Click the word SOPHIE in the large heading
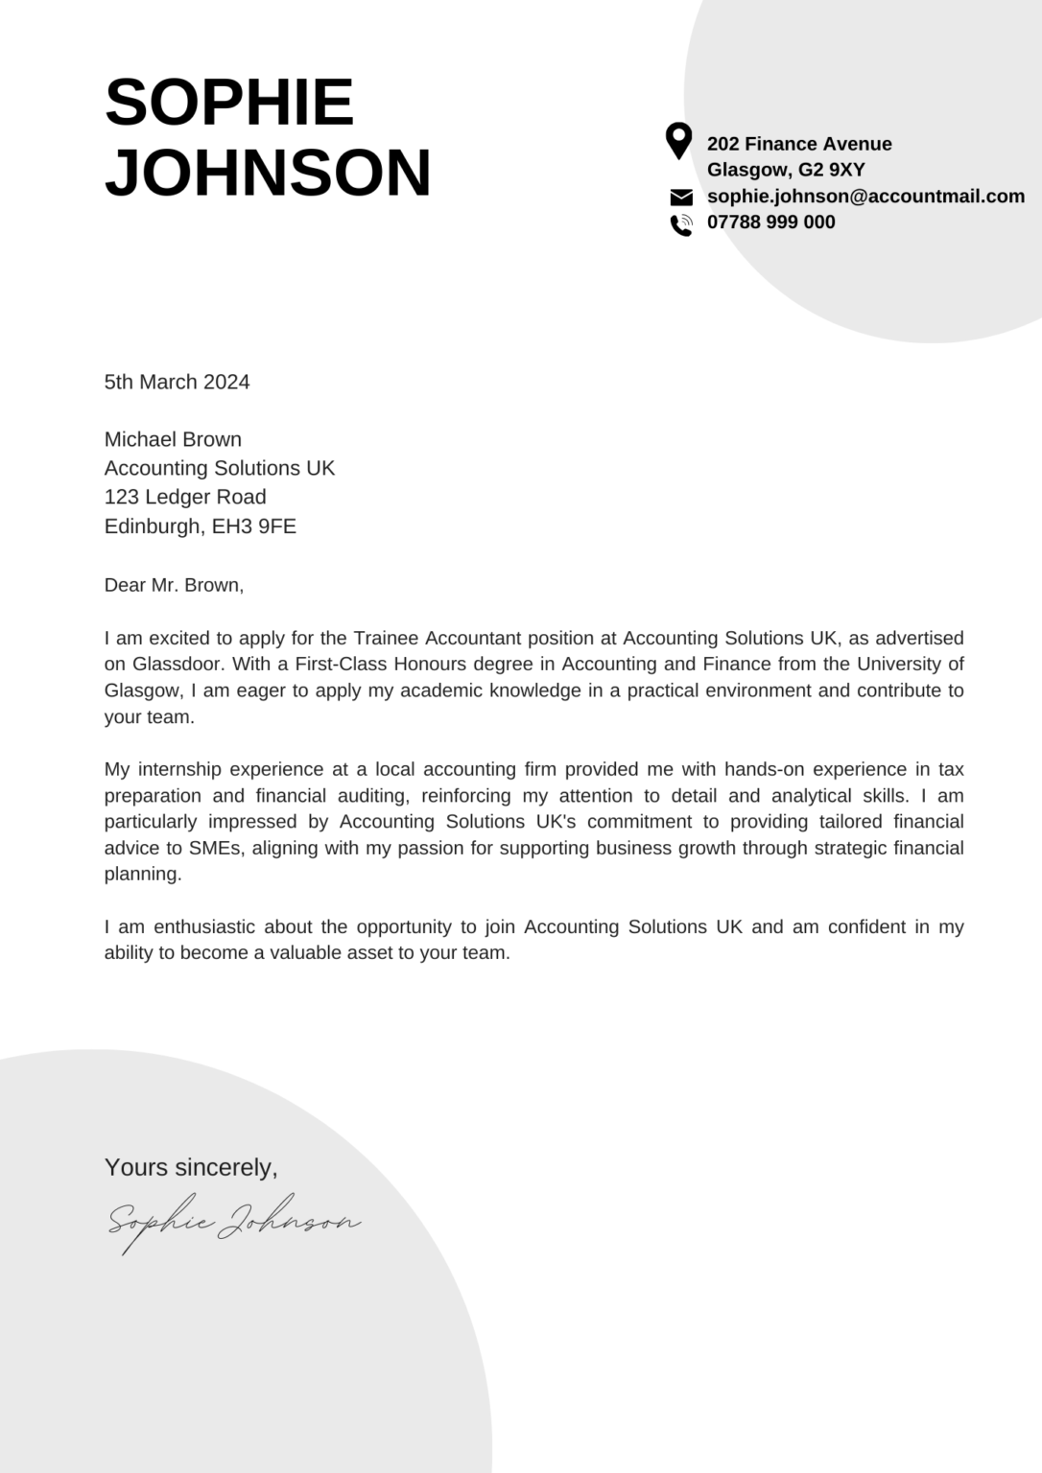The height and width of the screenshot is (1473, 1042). click(x=229, y=102)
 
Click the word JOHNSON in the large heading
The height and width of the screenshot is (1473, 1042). click(x=268, y=173)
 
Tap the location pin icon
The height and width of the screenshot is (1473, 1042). click(x=678, y=141)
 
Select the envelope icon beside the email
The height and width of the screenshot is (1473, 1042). click(x=681, y=198)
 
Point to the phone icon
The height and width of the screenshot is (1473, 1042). click(x=681, y=224)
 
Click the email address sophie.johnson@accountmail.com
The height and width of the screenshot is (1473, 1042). click(x=865, y=196)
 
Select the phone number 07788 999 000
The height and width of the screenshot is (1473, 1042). click(x=770, y=222)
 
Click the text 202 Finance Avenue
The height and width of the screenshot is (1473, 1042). click(x=799, y=144)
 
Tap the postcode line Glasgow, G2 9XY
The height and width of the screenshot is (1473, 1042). click(x=786, y=170)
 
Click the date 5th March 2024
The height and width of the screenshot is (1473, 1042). click(x=177, y=382)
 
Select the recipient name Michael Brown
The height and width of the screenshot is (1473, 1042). click(x=173, y=439)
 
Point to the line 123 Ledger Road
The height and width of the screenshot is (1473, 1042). click(x=185, y=497)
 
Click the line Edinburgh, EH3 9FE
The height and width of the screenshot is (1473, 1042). click(x=200, y=526)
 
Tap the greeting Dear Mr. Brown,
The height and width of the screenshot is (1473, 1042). click(x=174, y=585)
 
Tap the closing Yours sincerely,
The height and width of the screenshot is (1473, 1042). click(x=191, y=1167)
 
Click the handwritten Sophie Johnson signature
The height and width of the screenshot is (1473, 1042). click(x=233, y=1222)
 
